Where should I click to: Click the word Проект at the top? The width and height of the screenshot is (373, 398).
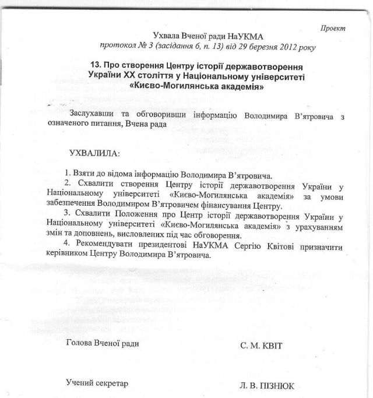pyautogui.click(x=333, y=27)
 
